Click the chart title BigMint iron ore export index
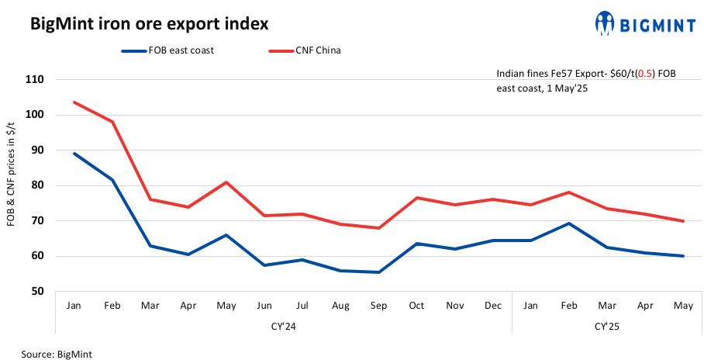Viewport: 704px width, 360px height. click(149, 24)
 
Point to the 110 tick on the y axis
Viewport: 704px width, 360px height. click(34, 79)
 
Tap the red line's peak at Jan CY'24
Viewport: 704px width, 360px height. click(74, 102)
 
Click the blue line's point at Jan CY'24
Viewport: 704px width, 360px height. click(74, 154)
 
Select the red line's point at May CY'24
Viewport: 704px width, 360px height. click(226, 182)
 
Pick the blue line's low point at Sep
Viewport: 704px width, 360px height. click(378, 272)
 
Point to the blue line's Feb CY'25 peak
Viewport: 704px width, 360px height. click(568, 223)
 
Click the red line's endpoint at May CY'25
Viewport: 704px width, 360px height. click(682, 221)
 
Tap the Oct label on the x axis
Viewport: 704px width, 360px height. click(416, 306)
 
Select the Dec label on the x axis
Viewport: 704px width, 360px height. click(492, 306)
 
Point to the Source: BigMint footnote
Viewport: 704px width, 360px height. click(58, 354)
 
